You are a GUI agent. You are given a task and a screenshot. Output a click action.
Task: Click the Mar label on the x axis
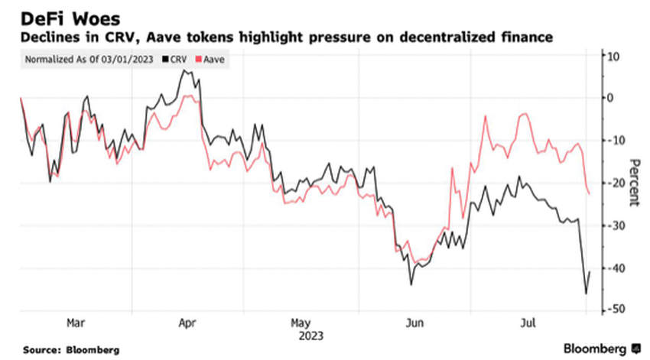click(76, 323)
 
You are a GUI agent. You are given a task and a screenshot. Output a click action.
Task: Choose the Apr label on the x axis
click(188, 323)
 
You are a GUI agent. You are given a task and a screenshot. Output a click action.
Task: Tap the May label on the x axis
click(301, 323)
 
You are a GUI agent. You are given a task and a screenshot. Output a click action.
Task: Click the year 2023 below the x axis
click(301, 336)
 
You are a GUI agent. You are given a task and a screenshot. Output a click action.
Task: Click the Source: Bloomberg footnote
click(71, 349)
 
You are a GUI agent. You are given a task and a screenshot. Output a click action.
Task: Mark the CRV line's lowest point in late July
click(586, 294)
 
